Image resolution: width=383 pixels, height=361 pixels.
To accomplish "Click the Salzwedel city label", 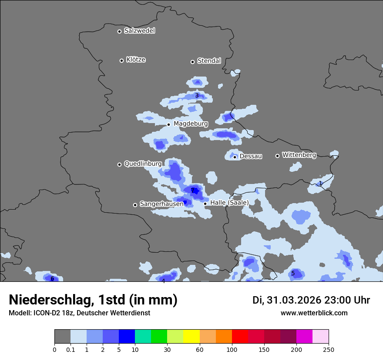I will pos(139,30).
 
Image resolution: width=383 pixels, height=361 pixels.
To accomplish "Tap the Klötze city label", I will pos(136,60).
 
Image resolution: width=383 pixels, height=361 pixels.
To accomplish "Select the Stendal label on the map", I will pos(209,61).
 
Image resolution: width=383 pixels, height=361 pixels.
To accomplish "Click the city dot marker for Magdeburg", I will pos(168,124).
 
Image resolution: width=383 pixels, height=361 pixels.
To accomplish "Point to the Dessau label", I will pos(251,156).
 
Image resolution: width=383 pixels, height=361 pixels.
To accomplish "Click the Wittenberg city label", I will pos(299,155).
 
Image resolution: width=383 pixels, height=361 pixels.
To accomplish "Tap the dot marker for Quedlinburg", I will pos(119,164).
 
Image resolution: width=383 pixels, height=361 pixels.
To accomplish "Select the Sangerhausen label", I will pos(161,204).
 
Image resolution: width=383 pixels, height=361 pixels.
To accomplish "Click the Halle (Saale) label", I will pos(229,203).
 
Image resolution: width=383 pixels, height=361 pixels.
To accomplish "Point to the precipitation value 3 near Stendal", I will pos(197,96).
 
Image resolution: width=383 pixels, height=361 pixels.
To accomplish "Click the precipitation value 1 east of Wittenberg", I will pos(320,184).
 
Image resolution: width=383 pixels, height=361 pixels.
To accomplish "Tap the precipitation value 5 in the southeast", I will pos(293,274).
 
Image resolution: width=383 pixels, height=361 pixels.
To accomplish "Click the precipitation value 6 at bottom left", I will pos(52,279).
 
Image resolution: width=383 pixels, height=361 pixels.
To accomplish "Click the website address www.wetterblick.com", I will pos(314,313).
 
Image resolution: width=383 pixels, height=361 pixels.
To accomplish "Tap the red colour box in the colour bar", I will pos(240,337).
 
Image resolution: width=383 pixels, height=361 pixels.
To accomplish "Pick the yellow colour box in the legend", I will pos(191,337).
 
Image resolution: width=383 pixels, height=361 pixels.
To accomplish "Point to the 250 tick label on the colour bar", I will pos(329,350).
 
